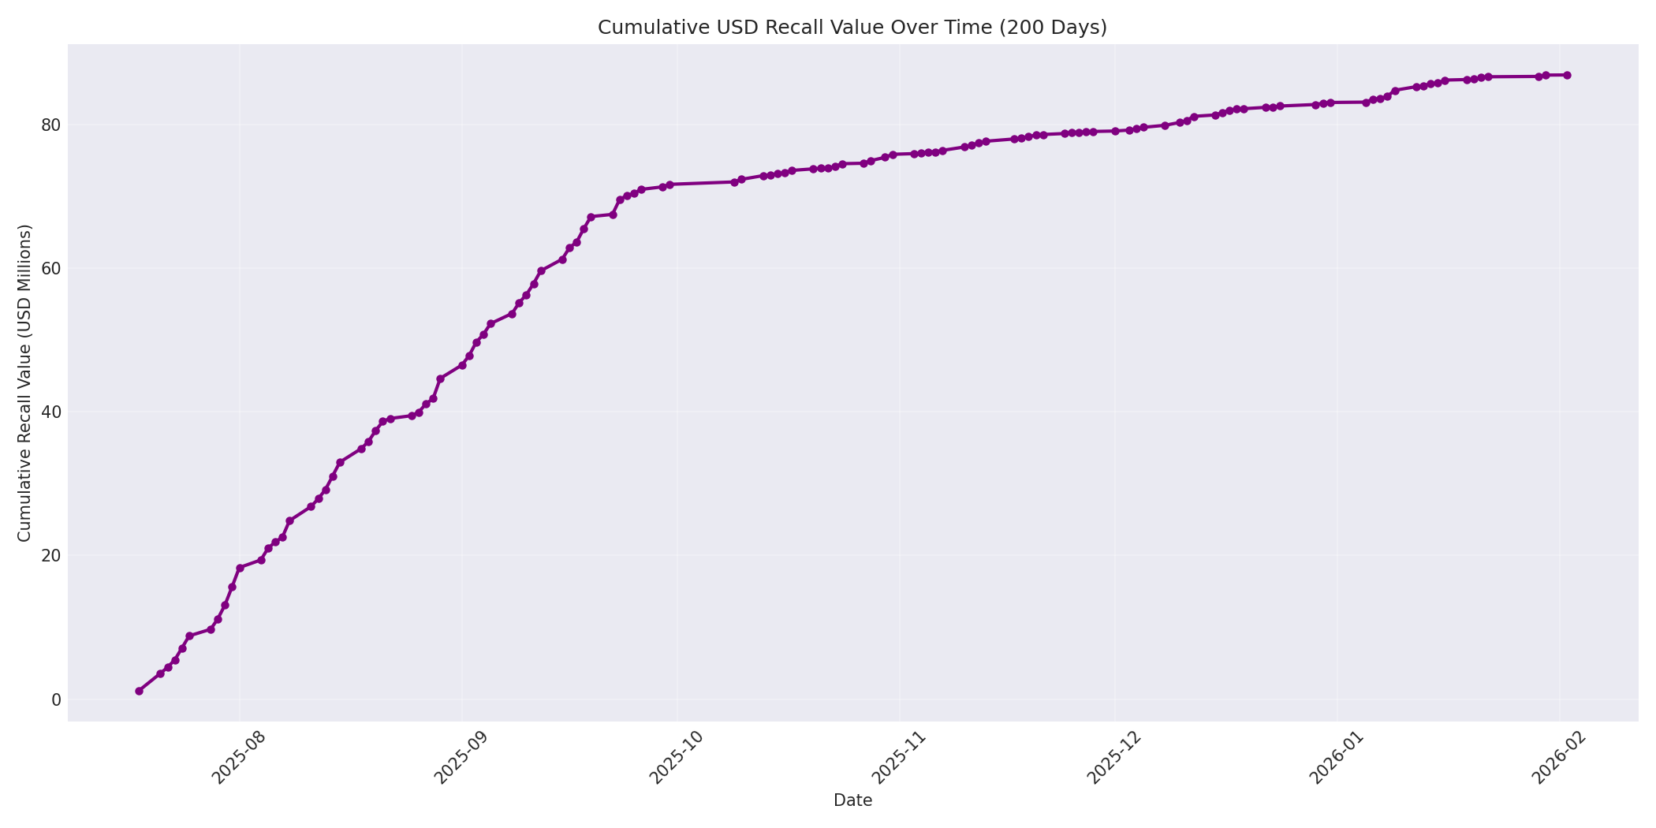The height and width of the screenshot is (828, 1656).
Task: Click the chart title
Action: point(852,28)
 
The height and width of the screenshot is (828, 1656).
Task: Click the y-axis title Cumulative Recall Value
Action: point(24,382)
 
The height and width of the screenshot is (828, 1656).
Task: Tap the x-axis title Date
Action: point(852,800)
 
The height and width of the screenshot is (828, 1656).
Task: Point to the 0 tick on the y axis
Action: point(55,699)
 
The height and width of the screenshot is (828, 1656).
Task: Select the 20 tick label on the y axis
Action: point(50,555)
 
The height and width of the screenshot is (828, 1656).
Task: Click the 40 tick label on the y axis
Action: point(50,412)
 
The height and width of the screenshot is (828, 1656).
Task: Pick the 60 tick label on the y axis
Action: point(50,268)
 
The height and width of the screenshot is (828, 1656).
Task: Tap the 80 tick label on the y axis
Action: point(50,125)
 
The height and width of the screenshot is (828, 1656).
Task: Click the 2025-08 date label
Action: point(237,758)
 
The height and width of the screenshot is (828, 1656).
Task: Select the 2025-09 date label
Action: point(460,758)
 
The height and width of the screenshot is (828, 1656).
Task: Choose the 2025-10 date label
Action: point(674,758)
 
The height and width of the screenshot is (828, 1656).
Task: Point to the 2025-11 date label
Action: point(897,758)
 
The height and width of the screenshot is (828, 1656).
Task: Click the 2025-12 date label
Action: point(1112,758)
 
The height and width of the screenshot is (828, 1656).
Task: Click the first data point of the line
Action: point(139,691)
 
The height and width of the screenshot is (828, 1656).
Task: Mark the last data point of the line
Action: point(1567,75)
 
